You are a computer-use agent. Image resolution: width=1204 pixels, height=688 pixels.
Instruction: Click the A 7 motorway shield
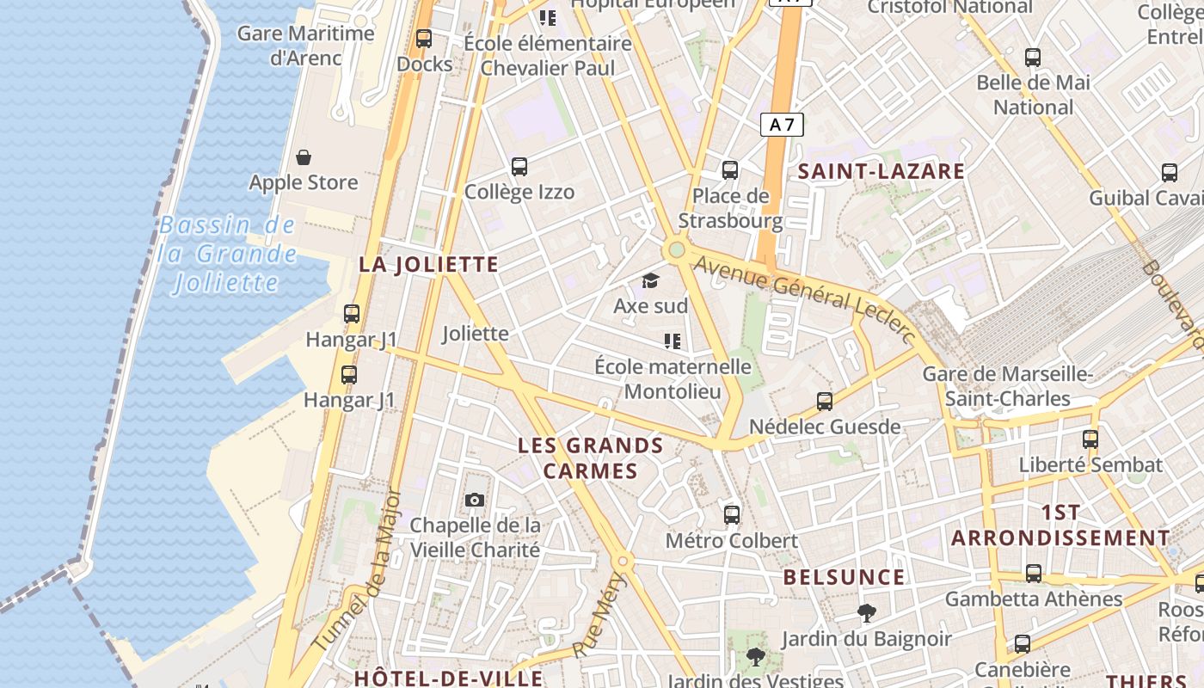pyautogui.click(x=782, y=125)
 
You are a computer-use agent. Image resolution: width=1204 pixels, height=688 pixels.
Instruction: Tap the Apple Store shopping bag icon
pyautogui.click(x=304, y=157)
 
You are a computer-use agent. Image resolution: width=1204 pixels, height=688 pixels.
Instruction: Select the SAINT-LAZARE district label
pyautogui.click(x=881, y=171)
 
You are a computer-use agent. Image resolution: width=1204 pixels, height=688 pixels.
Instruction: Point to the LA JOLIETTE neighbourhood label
pyautogui.click(x=428, y=264)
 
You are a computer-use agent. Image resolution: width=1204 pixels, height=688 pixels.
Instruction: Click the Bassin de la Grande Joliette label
pyautogui.click(x=227, y=254)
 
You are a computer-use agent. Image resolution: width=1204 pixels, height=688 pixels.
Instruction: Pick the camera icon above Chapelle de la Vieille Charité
pyautogui.click(x=474, y=500)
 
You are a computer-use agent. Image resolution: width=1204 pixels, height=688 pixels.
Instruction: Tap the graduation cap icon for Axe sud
pyautogui.click(x=650, y=280)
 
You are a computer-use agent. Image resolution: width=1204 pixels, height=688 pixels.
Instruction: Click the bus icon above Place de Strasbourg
pyautogui.click(x=730, y=169)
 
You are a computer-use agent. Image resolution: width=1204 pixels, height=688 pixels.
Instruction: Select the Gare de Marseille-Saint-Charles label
pyautogui.click(x=1007, y=386)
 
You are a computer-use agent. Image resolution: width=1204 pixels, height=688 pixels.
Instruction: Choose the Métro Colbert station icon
pyautogui.click(x=732, y=515)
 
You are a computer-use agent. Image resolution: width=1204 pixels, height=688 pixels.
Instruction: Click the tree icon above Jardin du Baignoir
pyautogui.click(x=866, y=613)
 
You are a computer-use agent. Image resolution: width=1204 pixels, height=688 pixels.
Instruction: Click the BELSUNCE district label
pyautogui.click(x=844, y=577)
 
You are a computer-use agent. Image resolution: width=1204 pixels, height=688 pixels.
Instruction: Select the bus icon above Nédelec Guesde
pyautogui.click(x=825, y=401)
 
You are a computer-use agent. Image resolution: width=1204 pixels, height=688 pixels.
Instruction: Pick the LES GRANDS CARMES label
pyautogui.click(x=591, y=458)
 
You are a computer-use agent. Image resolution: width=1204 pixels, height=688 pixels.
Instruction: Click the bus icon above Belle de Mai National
pyautogui.click(x=1033, y=58)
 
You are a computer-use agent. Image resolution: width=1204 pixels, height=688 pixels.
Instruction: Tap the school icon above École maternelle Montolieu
pyautogui.click(x=673, y=341)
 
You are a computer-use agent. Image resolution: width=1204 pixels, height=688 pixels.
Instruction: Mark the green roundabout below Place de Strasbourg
pyautogui.click(x=676, y=250)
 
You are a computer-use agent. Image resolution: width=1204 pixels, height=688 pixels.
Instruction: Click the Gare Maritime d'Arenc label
pyautogui.click(x=305, y=46)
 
